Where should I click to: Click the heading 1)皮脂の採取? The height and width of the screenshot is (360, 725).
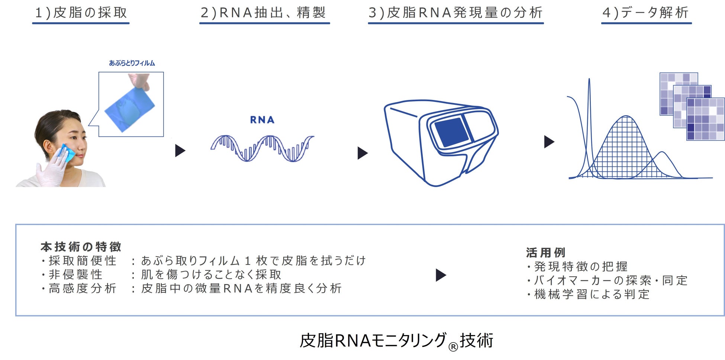81,13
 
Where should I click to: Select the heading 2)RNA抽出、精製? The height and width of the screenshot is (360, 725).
264,13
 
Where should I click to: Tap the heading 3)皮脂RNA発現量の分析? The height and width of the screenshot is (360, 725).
455,13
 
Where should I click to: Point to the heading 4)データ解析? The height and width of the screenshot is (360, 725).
646,13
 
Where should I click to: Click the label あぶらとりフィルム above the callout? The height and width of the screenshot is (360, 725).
132,63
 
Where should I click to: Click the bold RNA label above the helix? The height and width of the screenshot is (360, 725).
262,120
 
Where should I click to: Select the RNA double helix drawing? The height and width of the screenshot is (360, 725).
262,148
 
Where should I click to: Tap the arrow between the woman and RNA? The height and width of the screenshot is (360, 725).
180,151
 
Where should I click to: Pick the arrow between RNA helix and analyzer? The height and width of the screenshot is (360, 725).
362,153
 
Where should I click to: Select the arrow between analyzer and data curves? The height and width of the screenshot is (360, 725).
549,142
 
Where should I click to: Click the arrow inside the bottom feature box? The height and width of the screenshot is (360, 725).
441,275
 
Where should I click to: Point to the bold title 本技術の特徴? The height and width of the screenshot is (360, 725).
81,247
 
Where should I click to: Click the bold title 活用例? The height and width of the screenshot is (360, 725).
545,253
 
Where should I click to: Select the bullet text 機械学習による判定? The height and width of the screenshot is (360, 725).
592,295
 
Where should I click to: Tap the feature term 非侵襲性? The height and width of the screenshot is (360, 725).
75,274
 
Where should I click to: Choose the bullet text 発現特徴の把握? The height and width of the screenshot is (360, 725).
581,267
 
